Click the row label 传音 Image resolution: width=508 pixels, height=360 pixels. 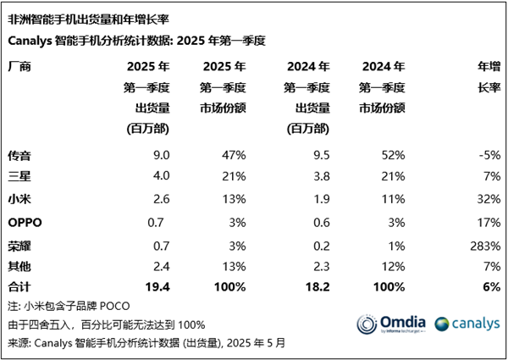coord(19,155)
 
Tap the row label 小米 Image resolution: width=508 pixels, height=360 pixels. coord(19,199)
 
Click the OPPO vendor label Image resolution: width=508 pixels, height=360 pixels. coord(24,223)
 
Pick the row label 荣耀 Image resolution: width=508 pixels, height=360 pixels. coord(19,246)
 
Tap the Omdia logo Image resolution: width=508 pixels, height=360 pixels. coord(389,324)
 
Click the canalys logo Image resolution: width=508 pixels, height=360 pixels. coord(467,324)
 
